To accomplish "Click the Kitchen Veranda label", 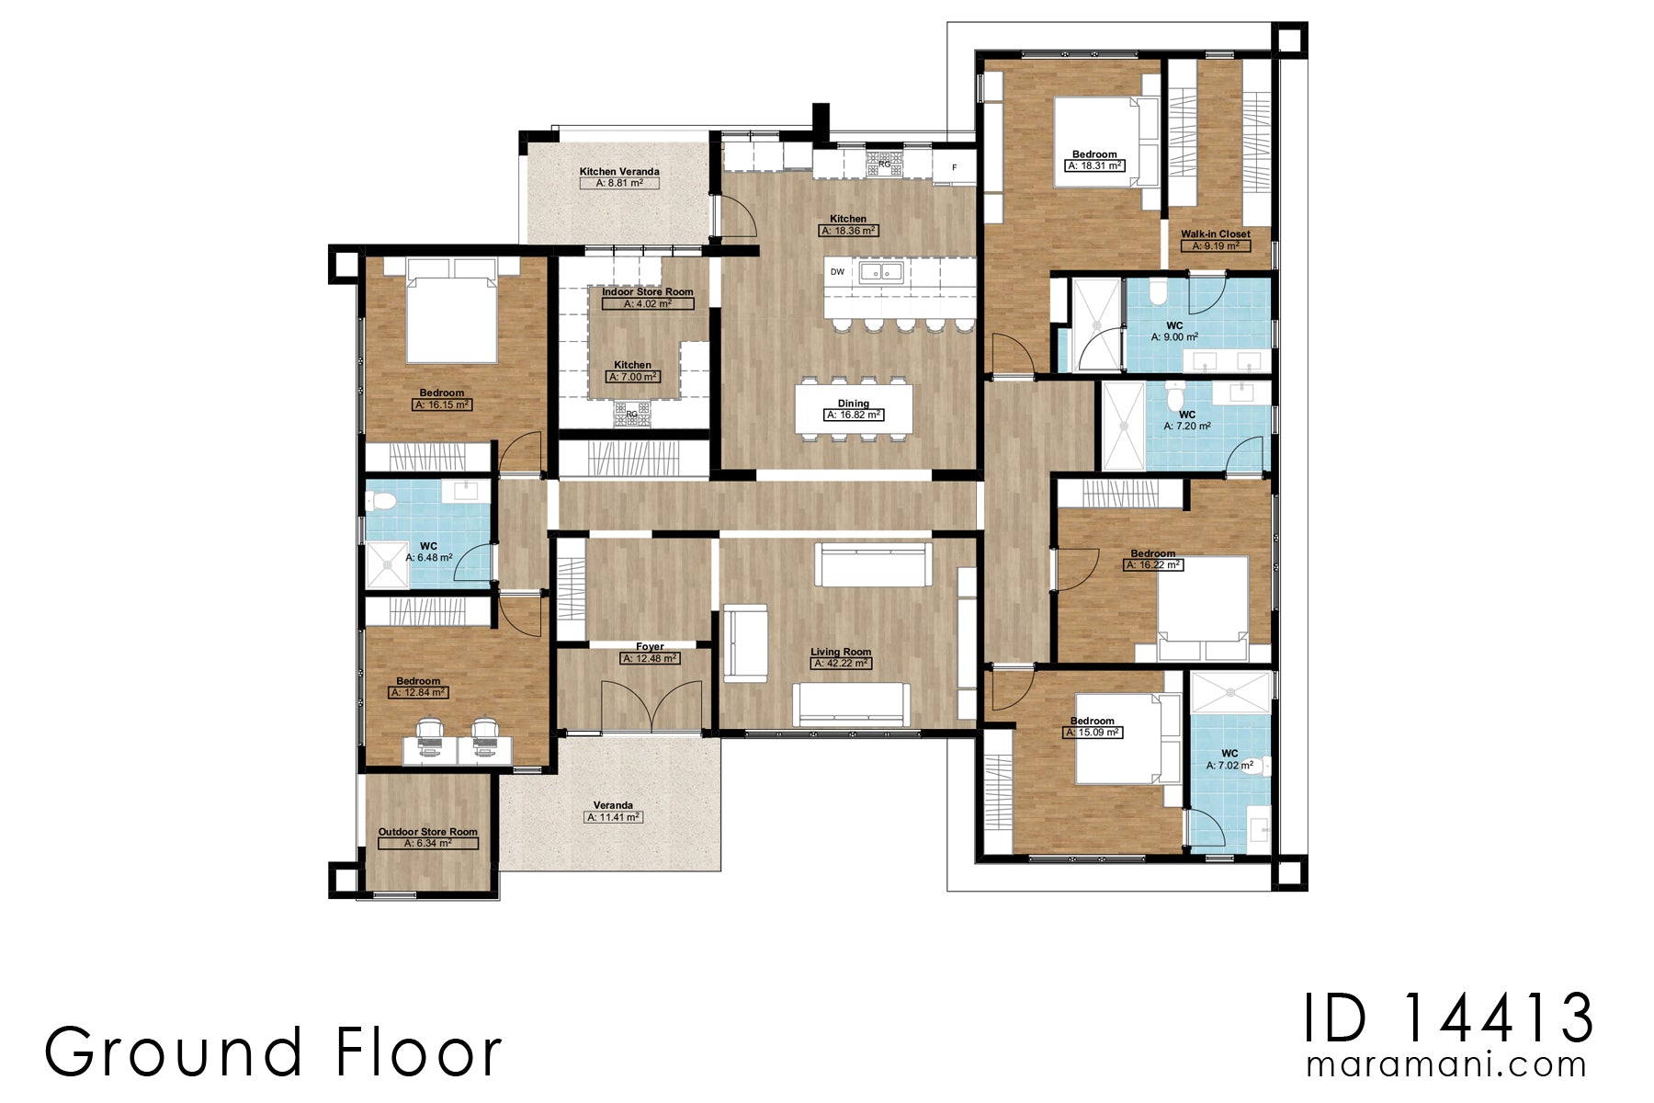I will click(619, 172).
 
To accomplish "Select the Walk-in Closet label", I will click(1215, 234).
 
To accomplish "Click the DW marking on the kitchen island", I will click(837, 272).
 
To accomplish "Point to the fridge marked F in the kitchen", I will click(954, 167).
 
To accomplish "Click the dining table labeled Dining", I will click(854, 409).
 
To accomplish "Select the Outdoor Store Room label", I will click(428, 832).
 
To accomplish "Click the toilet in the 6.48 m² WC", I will click(380, 502).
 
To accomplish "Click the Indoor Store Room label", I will click(648, 292).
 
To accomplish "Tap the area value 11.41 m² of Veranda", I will click(614, 817).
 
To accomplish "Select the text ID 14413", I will click(1448, 1018).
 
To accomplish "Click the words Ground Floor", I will click(273, 1052).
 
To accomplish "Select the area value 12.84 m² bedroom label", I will click(418, 693).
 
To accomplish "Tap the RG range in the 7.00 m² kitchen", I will click(631, 414).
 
